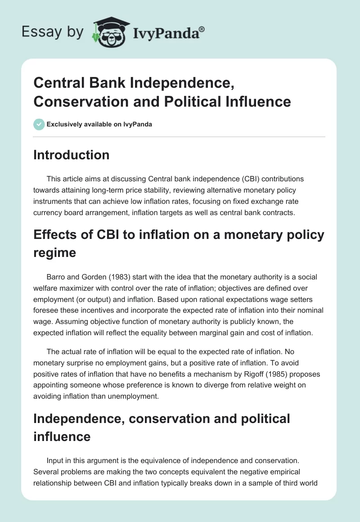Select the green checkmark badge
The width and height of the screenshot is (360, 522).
click(x=39, y=124)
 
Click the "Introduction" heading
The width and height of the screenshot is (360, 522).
click(x=72, y=155)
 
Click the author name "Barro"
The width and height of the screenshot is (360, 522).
click(x=57, y=277)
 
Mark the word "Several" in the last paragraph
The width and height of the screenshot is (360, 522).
click(x=47, y=472)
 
